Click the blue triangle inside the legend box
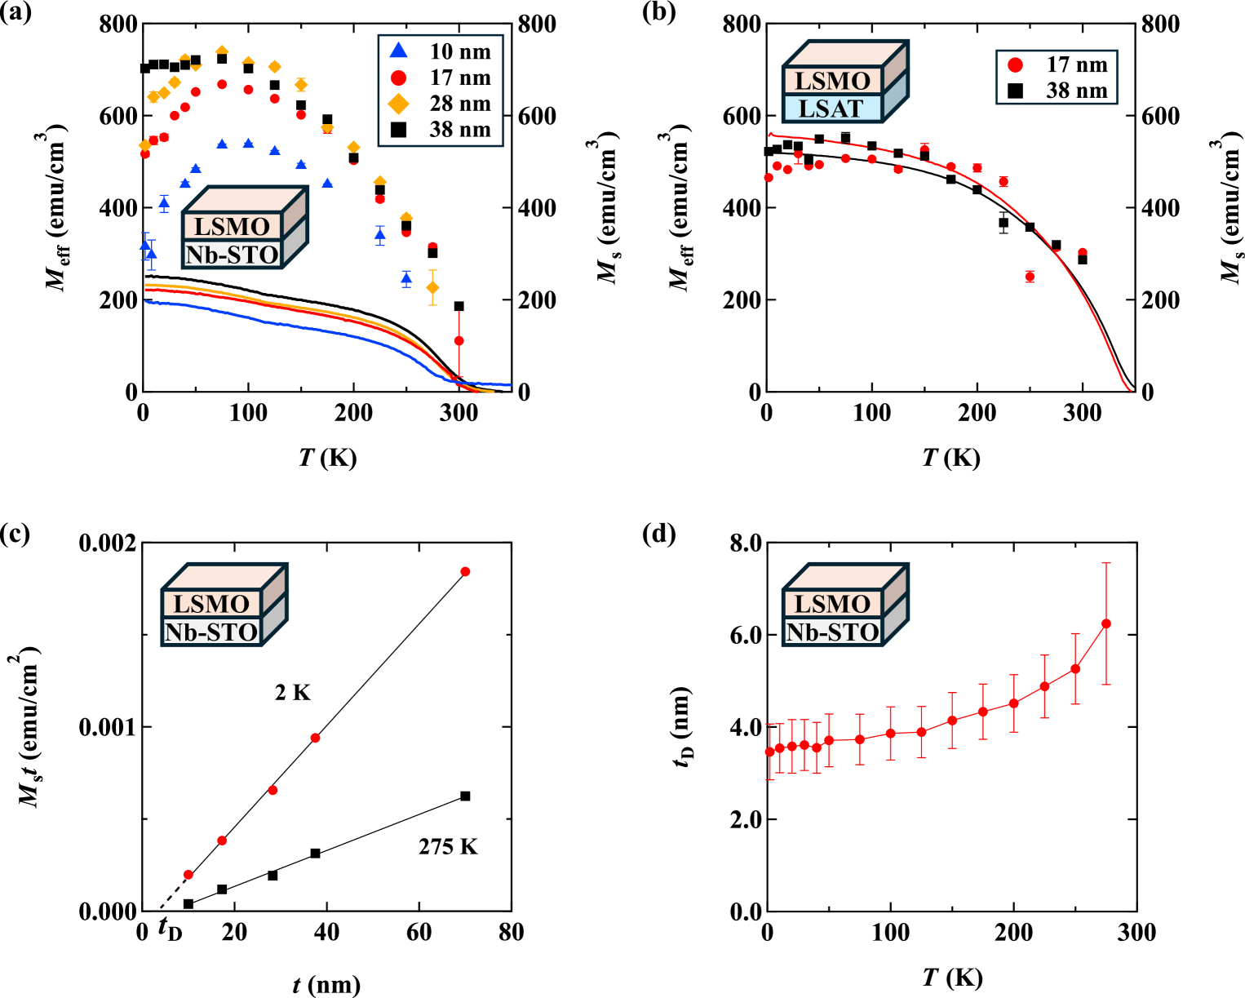[398, 51]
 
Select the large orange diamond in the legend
[398, 104]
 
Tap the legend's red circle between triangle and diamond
[398, 78]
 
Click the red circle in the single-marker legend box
[1015, 65]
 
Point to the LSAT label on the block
[831, 109]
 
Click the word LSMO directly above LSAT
[832, 81]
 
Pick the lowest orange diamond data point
[432, 288]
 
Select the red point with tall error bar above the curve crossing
[459, 340]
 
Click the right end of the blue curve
[510, 384]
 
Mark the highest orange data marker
[222, 51]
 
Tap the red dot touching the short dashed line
[188, 875]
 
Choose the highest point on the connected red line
[1106, 623]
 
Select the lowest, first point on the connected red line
[769, 751]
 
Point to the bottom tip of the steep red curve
[1131, 390]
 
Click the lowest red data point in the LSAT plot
[1030, 277]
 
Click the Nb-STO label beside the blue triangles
[232, 255]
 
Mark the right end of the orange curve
[493, 393]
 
